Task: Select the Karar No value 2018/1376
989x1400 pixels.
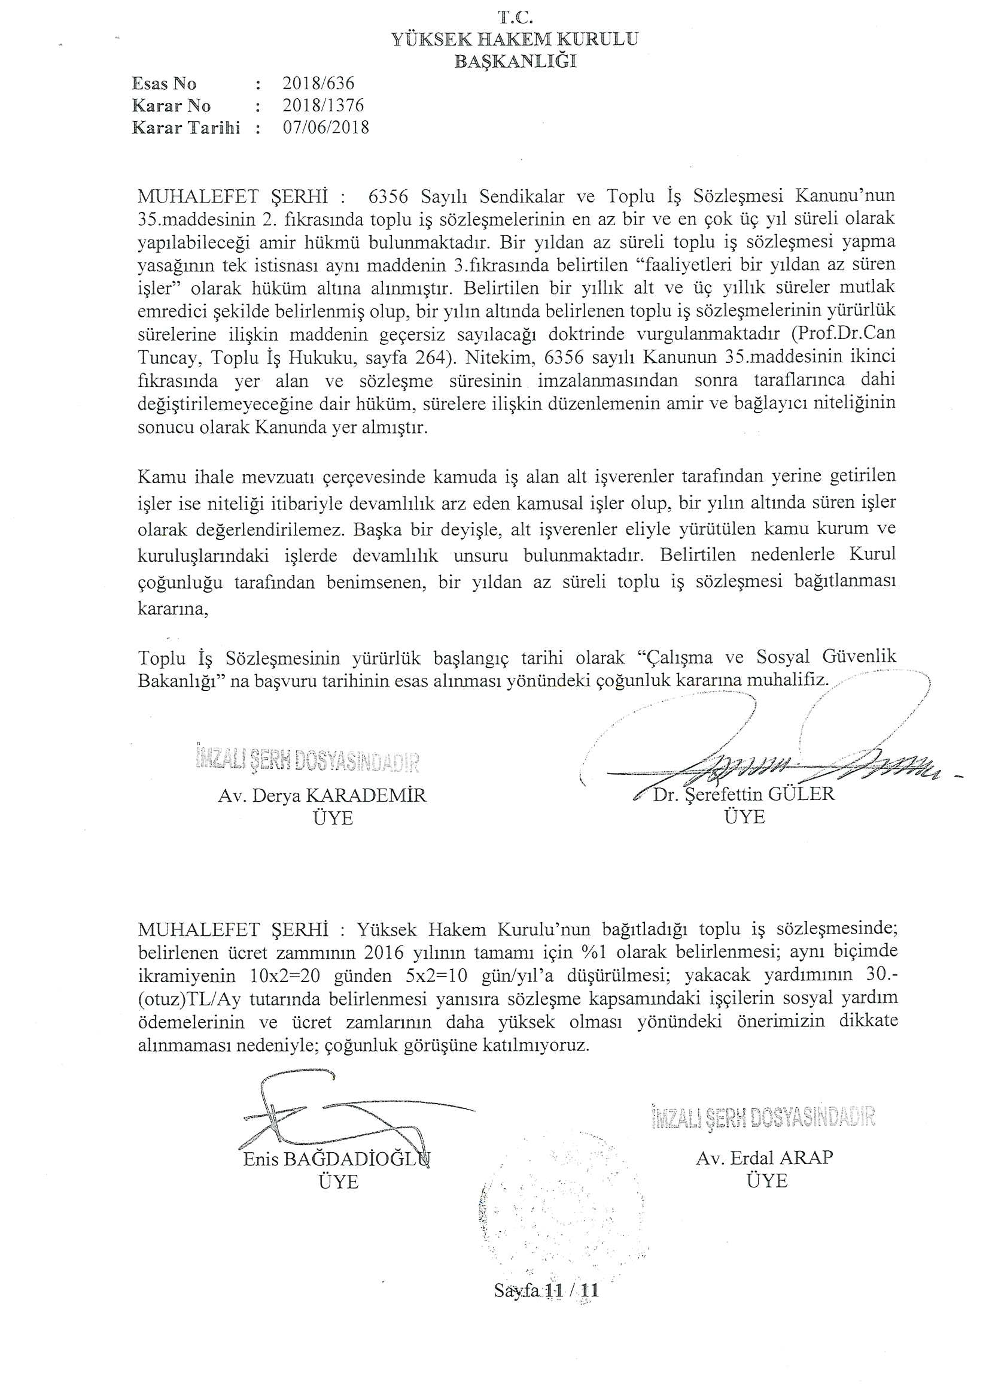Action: point(323,105)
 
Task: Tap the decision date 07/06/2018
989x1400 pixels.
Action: point(326,128)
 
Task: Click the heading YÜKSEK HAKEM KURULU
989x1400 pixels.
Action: point(515,40)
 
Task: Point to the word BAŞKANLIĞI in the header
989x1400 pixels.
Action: point(516,62)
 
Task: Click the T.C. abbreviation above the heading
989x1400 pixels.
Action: point(516,19)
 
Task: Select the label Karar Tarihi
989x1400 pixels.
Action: point(186,128)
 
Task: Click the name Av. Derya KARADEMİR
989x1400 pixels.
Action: point(322,796)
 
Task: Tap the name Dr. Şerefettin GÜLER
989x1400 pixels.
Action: point(744,794)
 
